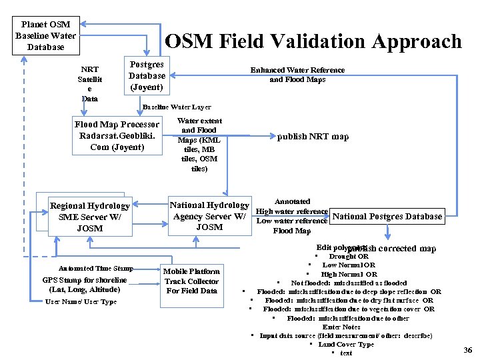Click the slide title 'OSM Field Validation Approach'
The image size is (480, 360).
[313, 42]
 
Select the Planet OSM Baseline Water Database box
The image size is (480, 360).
[46, 35]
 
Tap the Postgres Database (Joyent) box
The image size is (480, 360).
[147, 76]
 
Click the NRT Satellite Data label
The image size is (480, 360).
[89, 84]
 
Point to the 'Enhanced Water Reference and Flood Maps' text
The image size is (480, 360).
[297, 75]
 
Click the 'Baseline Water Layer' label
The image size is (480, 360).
[177, 107]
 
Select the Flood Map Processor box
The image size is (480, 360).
[117, 135]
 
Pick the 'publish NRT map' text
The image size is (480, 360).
[313, 137]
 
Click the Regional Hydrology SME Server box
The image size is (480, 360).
[89, 217]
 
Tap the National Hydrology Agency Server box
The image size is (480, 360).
[209, 216]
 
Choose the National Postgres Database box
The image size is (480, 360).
[387, 216]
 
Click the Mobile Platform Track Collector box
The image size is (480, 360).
[192, 281]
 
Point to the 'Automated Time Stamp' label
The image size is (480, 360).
[95, 268]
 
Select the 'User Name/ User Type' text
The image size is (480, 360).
[81, 302]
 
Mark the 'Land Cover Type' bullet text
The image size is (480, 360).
[346, 344]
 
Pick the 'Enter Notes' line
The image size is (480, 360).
[341, 327]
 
